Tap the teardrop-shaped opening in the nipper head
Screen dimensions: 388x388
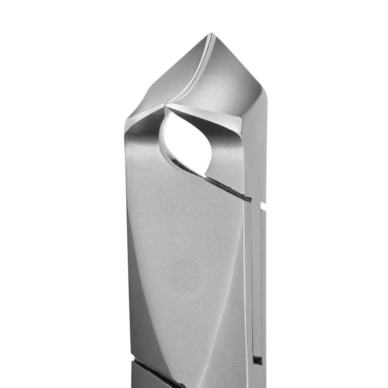point(186,140)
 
